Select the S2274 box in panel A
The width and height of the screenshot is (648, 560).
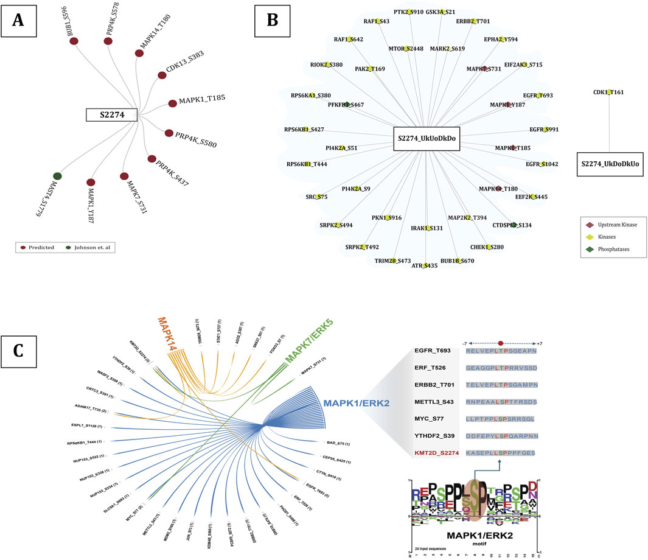click(x=110, y=113)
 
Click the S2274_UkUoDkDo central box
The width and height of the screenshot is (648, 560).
click(x=426, y=138)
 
